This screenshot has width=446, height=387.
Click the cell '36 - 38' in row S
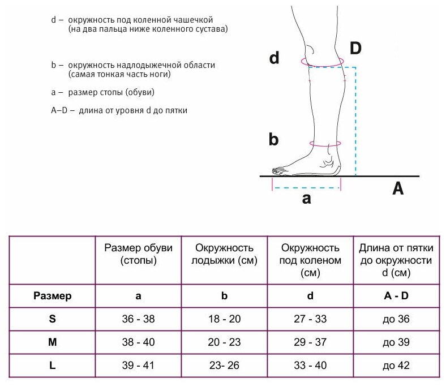pyautogui.click(x=138, y=319)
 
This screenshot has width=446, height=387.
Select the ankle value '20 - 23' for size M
pyautogui.click(x=224, y=343)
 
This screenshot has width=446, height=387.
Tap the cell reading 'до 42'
pyautogui.click(x=396, y=366)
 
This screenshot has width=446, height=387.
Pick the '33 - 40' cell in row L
pyautogui.click(x=310, y=366)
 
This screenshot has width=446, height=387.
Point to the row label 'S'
pyautogui.click(x=52, y=319)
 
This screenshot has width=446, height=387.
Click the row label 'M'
pyautogui.click(x=52, y=343)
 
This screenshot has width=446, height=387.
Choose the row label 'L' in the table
pyautogui.click(x=52, y=366)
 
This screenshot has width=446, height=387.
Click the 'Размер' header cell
pyautogui.click(x=52, y=295)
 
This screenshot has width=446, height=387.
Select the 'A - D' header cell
pyautogui.click(x=396, y=295)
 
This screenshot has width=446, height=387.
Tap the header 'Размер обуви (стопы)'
pyautogui.click(x=138, y=255)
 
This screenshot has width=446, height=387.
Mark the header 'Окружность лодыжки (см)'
pyautogui.click(x=224, y=255)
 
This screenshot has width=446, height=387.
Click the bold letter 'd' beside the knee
pyautogui.click(x=274, y=58)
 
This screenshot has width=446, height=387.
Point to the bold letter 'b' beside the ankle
pyautogui.click(x=274, y=139)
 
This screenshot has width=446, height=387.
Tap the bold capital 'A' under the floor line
pyautogui.click(x=398, y=190)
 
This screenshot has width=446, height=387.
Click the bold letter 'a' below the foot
pyautogui.click(x=306, y=199)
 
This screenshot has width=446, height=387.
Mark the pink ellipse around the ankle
pyautogui.click(x=325, y=145)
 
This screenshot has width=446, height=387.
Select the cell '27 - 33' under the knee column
pyautogui.click(x=310, y=319)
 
